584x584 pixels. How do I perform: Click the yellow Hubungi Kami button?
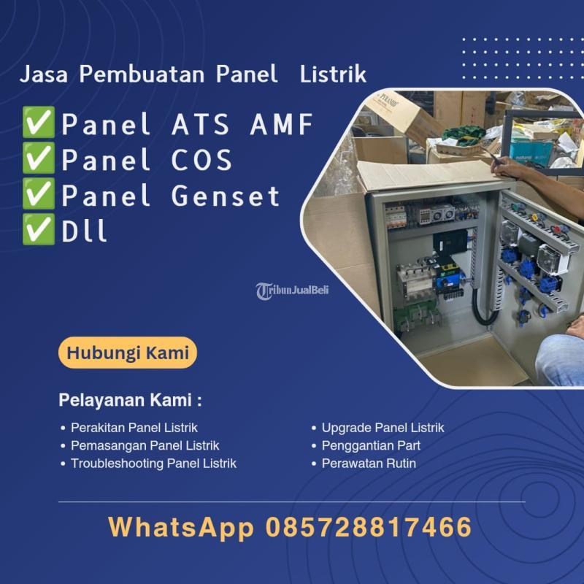point(128,353)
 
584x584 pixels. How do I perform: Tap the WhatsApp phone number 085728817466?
point(369,527)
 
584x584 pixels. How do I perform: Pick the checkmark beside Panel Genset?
point(38,195)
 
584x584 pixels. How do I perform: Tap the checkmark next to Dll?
point(38,230)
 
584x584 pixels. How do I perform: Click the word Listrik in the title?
point(334,74)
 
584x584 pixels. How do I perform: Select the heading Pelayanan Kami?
point(129,401)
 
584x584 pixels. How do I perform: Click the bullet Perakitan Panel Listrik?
point(134,428)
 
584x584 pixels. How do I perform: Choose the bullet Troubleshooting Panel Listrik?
point(153,464)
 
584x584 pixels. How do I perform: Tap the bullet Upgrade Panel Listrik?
point(383,428)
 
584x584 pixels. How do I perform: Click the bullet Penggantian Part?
point(371,445)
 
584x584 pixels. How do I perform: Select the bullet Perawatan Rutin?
point(369,464)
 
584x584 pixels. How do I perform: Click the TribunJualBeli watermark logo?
point(293,290)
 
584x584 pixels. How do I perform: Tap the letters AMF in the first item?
point(282,125)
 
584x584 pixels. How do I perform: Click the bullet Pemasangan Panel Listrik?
point(145,445)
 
